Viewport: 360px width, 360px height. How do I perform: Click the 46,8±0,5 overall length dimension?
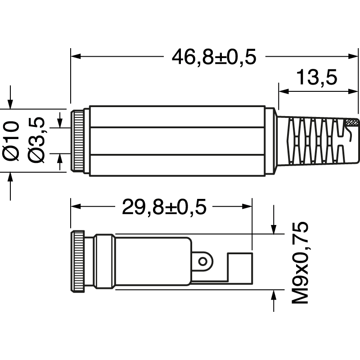(214, 57)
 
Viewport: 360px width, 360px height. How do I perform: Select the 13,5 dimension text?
(317, 77)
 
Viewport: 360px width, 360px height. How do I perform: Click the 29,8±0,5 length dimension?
(164, 207)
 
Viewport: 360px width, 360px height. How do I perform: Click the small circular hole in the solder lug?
(204, 261)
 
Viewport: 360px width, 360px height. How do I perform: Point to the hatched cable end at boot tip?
(352, 122)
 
